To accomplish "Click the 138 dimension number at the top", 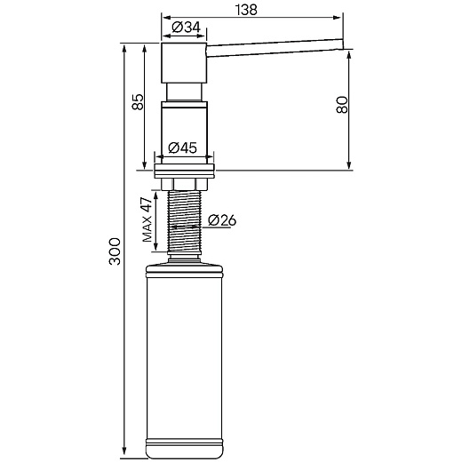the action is tap(246, 10).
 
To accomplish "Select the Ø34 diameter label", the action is tap(187, 28).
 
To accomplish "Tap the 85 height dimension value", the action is tap(138, 102).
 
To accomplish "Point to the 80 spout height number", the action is tap(342, 105).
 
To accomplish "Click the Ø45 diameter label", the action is tap(182, 147).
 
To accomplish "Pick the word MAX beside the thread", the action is tap(147, 229).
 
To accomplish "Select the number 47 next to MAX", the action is tap(147, 204).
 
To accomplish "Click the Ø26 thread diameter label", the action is tap(222, 220).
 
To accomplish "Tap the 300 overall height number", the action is tap(115, 251).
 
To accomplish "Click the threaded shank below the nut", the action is tap(185, 221).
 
